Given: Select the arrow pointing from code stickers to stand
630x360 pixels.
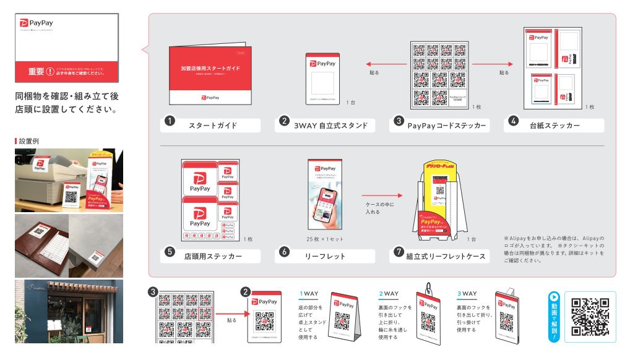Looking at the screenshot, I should click(x=378, y=64).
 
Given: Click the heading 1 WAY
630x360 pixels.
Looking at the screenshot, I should click(x=308, y=293).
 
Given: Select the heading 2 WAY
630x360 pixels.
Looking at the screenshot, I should click(x=388, y=293).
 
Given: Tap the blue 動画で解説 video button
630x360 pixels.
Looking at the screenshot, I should click(x=554, y=316).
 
